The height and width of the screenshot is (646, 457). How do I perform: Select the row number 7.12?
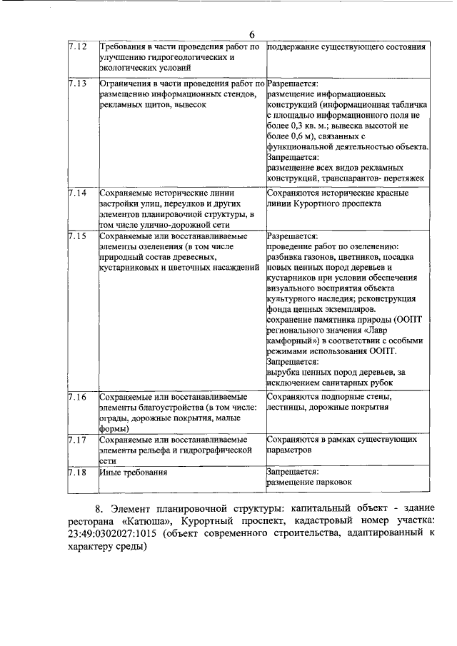(x=78, y=47)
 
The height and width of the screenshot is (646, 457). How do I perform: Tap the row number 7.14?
(x=78, y=193)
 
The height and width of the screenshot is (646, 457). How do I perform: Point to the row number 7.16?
(x=78, y=396)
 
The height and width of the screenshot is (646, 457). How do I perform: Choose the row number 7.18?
(x=78, y=472)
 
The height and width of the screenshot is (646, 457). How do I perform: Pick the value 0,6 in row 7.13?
(x=296, y=136)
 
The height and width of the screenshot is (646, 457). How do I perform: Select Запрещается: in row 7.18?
(x=292, y=472)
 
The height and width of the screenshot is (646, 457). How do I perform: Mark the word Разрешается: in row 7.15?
(x=292, y=235)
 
